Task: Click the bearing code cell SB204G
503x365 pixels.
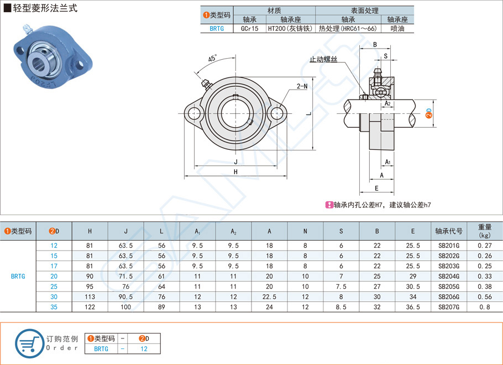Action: (x=448, y=276)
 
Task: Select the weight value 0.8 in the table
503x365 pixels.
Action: (x=485, y=306)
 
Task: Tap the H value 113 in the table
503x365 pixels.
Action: (x=90, y=296)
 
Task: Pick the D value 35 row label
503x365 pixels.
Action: (x=54, y=306)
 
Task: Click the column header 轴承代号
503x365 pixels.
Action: (x=448, y=231)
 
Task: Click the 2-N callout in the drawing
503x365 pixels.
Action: (x=302, y=86)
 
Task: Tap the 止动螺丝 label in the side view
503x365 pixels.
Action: (x=323, y=59)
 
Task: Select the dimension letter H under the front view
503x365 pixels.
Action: (x=235, y=172)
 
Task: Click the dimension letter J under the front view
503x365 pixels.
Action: (x=235, y=161)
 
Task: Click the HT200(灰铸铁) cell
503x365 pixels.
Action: (x=290, y=28)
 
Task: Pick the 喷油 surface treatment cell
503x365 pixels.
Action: (x=397, y=28)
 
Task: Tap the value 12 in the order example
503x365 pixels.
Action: (x=144, y=348)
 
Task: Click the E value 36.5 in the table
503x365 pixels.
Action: (x=413, y=306)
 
